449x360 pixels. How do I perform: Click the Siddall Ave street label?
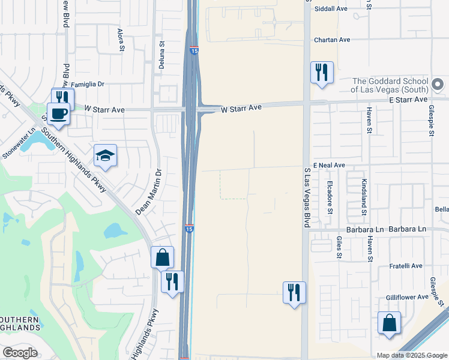(x=331, y=9)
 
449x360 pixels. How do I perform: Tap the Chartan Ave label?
(x=332, y=40)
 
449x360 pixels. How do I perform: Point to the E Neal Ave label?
(x=328, y=165)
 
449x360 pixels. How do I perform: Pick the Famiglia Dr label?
(x=88, y=85)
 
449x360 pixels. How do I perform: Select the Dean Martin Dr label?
(x=149, y=191)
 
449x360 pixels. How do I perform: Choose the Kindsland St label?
(x=364, y=197)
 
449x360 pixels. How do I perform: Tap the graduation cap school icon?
(x=105, y=155)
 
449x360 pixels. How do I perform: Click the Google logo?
(x=20, y=353)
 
